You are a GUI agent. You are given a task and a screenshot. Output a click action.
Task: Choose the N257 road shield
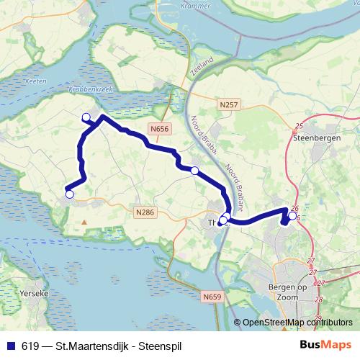pos(228,105)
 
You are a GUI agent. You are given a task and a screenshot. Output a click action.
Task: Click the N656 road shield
pos(160,129)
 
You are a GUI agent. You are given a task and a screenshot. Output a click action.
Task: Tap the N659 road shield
pos(211,297)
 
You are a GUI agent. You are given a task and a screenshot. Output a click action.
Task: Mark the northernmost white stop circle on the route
pos(86,117)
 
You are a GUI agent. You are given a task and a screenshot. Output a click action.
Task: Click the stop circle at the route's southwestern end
pos(69,194)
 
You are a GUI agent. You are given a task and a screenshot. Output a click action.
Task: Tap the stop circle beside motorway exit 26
pos(292,215)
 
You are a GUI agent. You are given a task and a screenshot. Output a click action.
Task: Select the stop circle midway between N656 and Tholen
pos(194,170)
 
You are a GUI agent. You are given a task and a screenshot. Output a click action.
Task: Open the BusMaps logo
pos(325,345)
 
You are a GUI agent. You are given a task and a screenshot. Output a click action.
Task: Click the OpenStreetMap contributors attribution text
pos(297,323)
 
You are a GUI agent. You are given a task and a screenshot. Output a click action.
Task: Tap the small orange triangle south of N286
pos(85,222)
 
